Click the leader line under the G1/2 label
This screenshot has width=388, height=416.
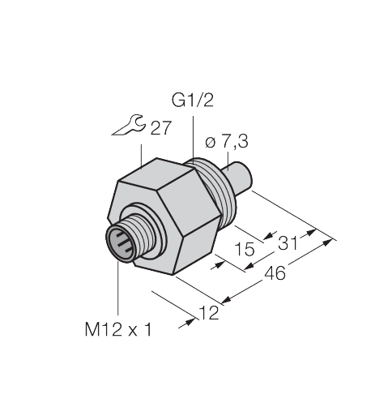(190, 134)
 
